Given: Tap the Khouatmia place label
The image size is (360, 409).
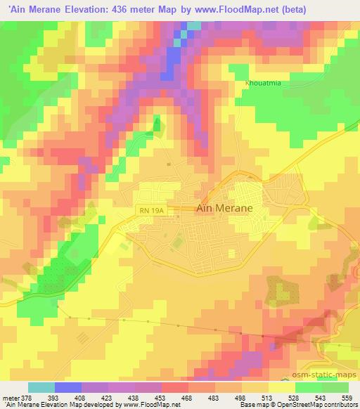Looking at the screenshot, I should click(263, 83).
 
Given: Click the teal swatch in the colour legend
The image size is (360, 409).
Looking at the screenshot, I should click(41, 387).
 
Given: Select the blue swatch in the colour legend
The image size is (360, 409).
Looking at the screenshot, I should click(68, 387).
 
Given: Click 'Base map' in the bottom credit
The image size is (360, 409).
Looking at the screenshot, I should click(252, 405).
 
